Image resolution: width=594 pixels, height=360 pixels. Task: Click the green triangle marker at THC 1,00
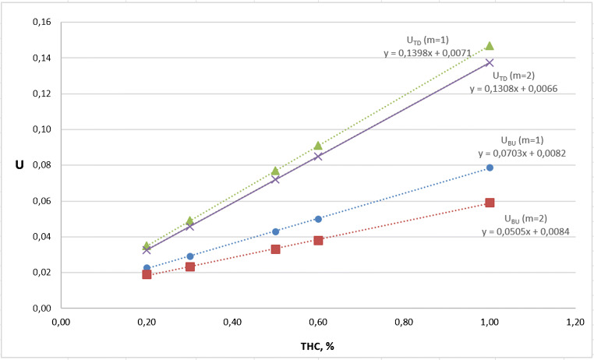pos(490,46)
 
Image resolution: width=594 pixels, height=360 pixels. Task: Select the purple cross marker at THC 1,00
pos(490,63)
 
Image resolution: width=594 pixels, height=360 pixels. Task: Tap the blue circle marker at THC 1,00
pos(490,168)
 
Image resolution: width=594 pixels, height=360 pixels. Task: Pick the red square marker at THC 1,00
pos(490,203)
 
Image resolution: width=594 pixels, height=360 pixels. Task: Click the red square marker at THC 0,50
pos(275,249)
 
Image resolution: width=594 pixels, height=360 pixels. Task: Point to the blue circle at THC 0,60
pos(318,219)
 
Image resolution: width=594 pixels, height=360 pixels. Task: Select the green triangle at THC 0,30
pos(189,221)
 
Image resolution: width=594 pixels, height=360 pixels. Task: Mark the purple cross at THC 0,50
pos(275,179)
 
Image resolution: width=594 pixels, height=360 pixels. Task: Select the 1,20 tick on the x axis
pos(575,320)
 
